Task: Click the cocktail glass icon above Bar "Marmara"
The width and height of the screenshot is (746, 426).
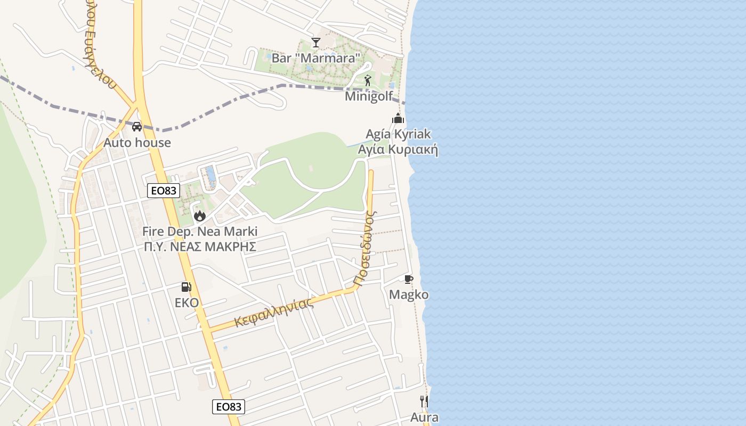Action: click(316, 43)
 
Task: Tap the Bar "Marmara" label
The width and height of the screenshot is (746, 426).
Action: click(316, 58)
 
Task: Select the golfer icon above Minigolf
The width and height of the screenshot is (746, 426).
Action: click(368, 81)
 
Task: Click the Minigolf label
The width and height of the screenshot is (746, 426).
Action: click(369, 96)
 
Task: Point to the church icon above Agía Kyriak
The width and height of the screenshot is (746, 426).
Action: click(398, 119)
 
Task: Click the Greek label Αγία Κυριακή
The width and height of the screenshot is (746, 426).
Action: click(398, 150)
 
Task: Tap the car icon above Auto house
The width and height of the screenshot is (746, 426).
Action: click(137, 127)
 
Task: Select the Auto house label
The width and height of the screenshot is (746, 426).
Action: click(137, 142)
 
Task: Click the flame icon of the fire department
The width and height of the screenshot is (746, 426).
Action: click(200, 216)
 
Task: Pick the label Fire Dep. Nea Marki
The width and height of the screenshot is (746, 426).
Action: click(200, 232)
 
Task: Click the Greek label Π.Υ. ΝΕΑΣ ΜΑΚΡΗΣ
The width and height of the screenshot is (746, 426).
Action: click(200, 247)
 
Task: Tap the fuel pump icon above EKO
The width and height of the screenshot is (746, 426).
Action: click(186, 287)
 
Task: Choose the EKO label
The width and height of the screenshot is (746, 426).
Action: click(186, 303)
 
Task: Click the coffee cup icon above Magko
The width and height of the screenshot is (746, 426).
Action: click(409, 279)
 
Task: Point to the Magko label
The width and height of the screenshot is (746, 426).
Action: click(409, 294)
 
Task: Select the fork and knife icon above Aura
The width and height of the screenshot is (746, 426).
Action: click(424, 401)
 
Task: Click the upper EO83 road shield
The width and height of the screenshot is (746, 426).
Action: click(164, 191)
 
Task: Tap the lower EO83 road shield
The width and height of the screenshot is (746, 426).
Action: click(229, 407)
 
